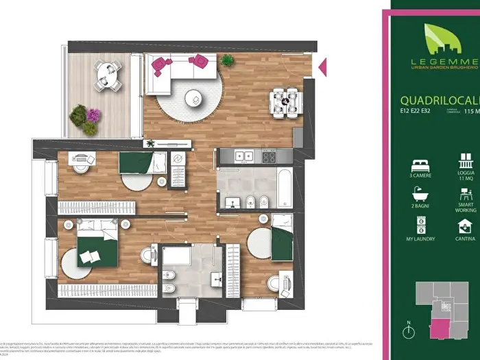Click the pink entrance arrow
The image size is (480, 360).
(323, 67)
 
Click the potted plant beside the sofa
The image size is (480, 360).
(227, 60)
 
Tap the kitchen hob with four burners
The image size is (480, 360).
(268, 156)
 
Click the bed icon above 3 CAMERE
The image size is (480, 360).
(420, 166)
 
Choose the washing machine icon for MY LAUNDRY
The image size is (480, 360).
(420, 225)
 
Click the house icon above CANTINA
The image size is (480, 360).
(466, 226)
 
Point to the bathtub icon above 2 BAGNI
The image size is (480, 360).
(420, 194)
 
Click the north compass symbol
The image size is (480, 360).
(409, 333)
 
